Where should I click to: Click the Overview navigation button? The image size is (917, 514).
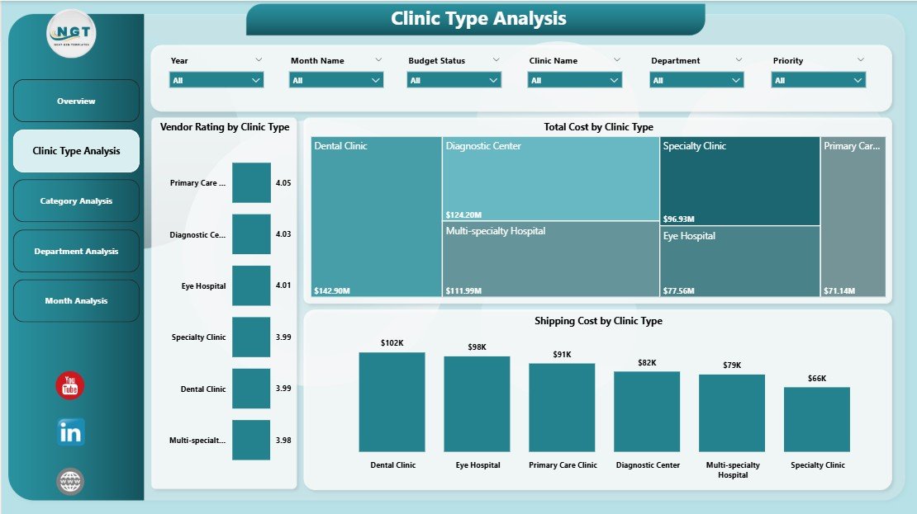click(76, 101)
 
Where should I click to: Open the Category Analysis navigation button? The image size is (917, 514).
click(76, 201)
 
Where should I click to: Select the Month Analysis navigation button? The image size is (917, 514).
click(76, 301)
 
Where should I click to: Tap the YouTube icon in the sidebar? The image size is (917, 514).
click(70, 386)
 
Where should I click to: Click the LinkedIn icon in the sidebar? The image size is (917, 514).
click(70, 432)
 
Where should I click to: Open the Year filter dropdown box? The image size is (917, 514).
click(216, 80)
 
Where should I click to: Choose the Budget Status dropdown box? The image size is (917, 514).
click(454, 80)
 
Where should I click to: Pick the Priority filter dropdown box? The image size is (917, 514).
click(818, 80)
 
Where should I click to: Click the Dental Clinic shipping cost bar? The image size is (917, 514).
click(392, 402)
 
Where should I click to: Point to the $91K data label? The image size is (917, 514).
click(562, 355)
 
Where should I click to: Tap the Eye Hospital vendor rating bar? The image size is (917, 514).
click(251, 285)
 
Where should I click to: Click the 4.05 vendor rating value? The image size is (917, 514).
click(283, 183)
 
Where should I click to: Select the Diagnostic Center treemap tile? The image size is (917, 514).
click(550, 178)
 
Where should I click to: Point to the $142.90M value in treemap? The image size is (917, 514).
click(332, 290)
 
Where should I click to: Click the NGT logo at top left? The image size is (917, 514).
click(71, 33)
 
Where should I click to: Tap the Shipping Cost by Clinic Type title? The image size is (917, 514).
click(598, 321)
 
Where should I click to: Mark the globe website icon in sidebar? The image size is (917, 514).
click(70, 482)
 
